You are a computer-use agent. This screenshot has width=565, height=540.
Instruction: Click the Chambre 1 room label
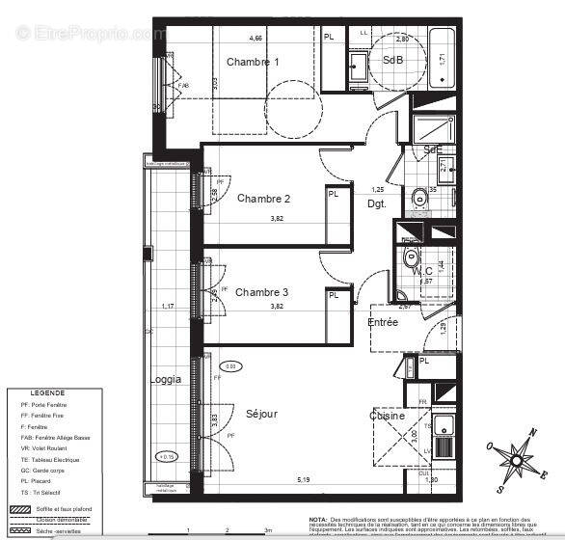pyautogui.click(x=253, y=62)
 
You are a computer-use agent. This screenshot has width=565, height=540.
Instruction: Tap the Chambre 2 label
pyautogui.click(x=263, y=199)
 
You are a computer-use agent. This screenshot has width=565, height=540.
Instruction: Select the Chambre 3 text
pyautogui.click(x=261, y=292)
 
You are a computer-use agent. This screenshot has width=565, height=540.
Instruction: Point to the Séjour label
pyautogui.click(x=261, y=414)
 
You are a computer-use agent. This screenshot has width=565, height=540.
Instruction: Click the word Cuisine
pyautogui.click(x=387, y=416)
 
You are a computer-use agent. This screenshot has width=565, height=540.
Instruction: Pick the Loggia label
pyautogui.click(x=165, y=379)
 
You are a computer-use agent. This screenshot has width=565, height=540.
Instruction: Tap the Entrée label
pyautogui.click(x=383, y=322)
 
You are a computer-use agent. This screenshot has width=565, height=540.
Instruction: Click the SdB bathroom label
pyautogui.click(x=393, y=60)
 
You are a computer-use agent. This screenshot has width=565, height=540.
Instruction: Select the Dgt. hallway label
pyautogui.click(x=377, y=203)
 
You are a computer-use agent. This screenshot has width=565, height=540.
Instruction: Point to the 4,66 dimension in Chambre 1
pyautogui.click(x=256, y=39)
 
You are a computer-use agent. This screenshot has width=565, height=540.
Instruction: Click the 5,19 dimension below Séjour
pyautogui.click(x=304, y=479)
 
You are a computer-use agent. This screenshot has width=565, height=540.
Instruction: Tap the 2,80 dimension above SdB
pyautogui.click(x=403, y=39)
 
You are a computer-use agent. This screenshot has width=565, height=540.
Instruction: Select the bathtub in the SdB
pyautogui.click(x=443, y=61)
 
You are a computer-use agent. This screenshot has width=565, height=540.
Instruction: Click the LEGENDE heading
pyautogui.click(x=47, y=393)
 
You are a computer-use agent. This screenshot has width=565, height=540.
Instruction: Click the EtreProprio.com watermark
pyautogui.click(x=91, y=34)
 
